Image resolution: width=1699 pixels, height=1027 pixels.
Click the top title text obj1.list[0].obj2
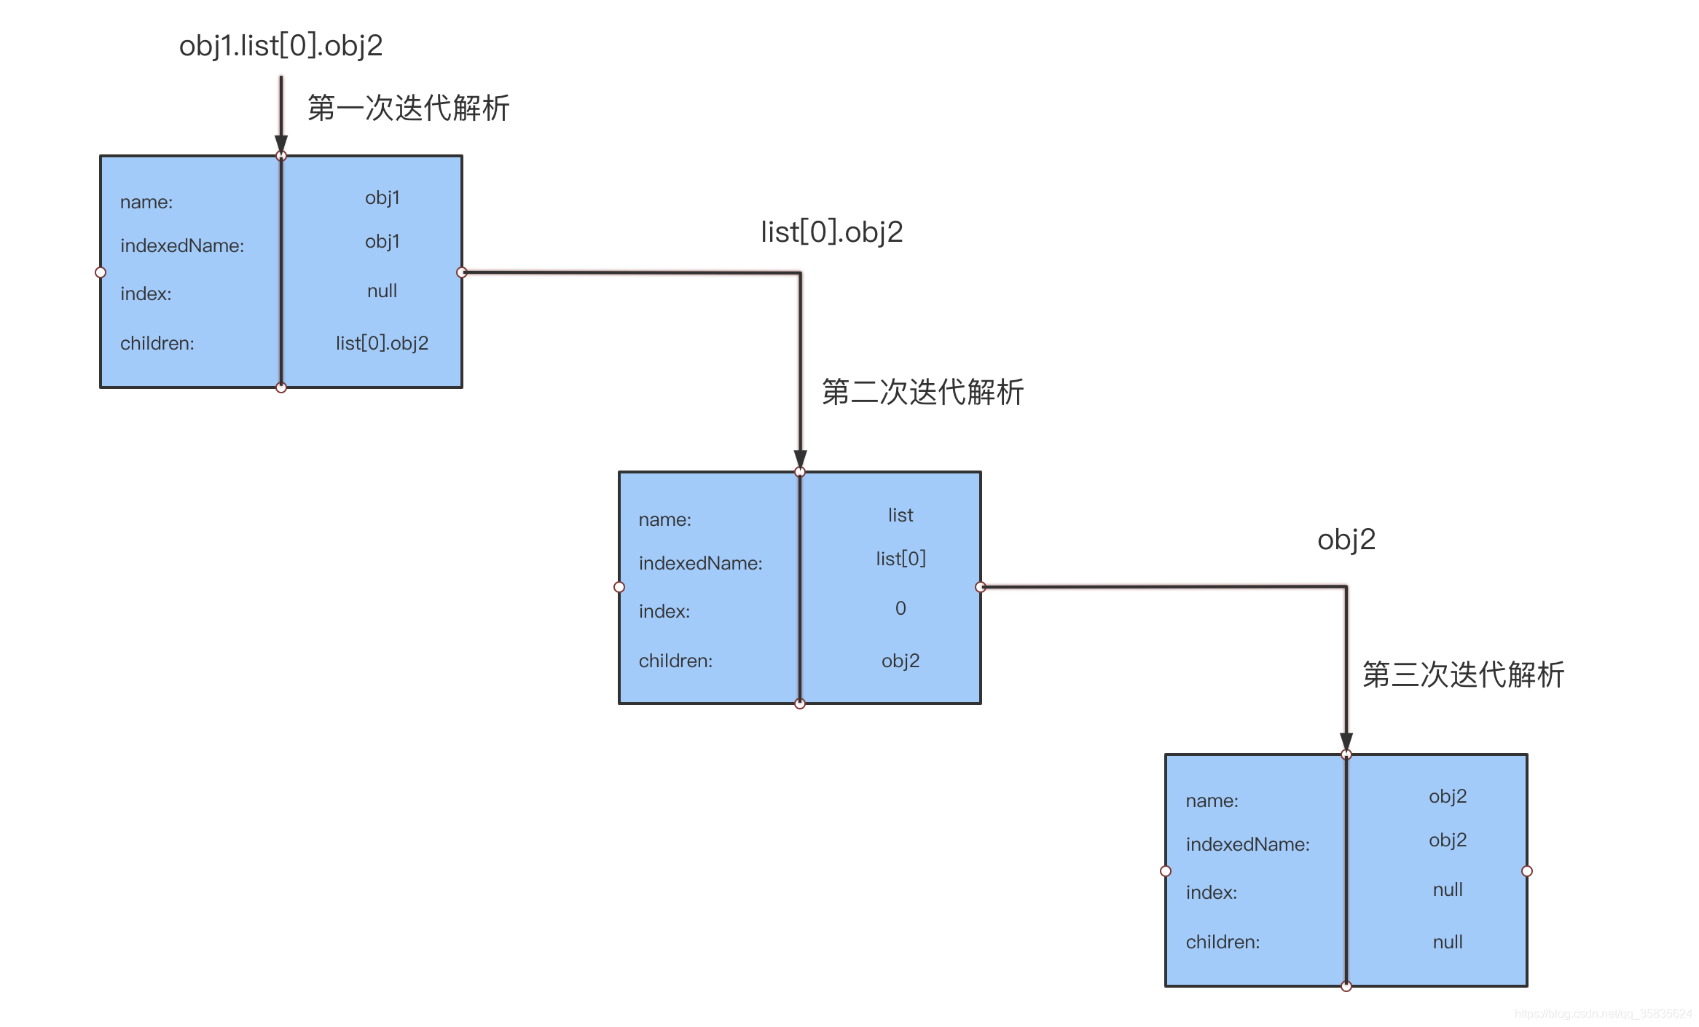[x=280, y=46]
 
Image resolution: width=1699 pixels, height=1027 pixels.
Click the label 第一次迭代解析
[x=408, y=108]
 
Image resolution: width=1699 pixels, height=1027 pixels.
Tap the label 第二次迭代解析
[x=922, y=392]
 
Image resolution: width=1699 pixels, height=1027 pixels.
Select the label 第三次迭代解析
[x=1463, y=674]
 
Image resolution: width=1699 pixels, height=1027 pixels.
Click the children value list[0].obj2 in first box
[x=382, y=343]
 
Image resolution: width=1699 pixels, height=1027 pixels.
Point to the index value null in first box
[x=382, y=291]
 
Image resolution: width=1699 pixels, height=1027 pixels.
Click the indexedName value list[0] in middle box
[x=900, y=559]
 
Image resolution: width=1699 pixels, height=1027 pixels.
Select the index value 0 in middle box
[x=900, y=608]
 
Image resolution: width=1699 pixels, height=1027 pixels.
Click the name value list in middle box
[x=900, y=516]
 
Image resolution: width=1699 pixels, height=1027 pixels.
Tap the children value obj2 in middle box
[x=900, y=661]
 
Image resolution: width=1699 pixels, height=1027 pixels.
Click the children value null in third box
[x=1448, y=943]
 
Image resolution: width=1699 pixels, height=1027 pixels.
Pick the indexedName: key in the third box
[x=1247, y=845]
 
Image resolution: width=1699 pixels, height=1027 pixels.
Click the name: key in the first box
[x=146, y=202]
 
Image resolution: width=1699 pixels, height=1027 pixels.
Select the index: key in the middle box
[x=664, y=612]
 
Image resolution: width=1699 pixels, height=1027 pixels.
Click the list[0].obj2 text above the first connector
[x=831, y=232]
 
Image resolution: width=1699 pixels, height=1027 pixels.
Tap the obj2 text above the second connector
[x=1346, y=540]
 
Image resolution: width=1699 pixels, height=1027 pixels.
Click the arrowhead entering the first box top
[x=281, y=143]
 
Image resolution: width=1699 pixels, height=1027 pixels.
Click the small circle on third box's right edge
[x=1527, y=871]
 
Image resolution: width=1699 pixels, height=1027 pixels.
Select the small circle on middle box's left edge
[x=619, y=587]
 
